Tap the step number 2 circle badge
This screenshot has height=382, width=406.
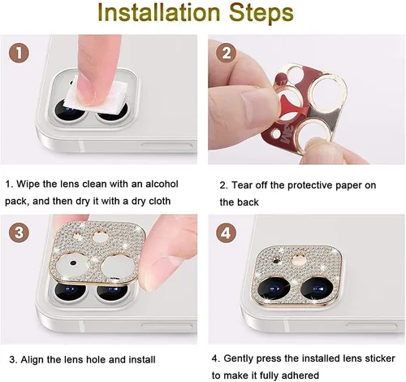(227, 54)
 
